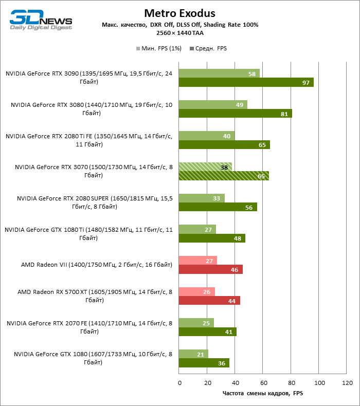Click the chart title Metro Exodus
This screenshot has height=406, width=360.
179,13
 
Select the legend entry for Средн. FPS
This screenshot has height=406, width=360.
208,48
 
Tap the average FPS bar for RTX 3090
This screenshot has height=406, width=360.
246,83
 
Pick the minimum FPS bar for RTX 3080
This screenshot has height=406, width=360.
213,104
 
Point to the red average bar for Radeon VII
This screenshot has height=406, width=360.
210,269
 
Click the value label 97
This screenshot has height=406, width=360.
306,83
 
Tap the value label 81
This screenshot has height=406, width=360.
284,114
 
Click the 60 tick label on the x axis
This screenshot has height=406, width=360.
263,383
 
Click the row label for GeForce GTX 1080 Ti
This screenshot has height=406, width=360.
89,234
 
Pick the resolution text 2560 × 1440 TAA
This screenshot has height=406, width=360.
179,32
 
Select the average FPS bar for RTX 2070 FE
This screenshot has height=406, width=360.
207,332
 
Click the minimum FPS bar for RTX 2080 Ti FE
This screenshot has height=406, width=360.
207,136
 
